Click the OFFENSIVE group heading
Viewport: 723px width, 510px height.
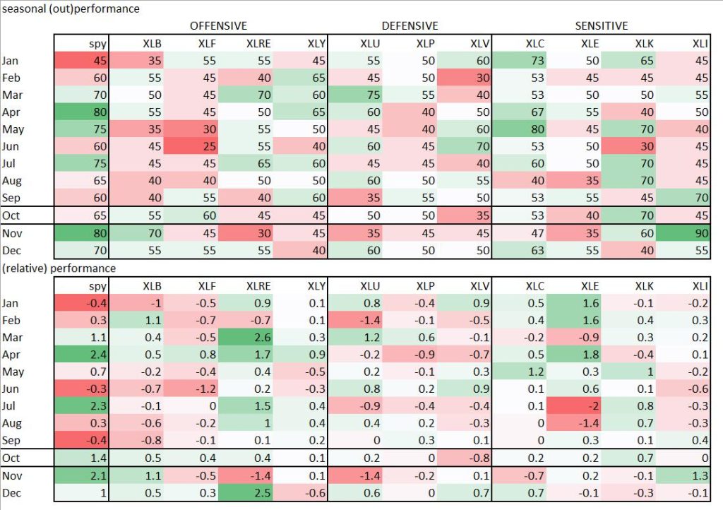218,26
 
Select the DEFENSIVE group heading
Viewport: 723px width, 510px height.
410,26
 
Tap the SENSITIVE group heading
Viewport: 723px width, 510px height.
601,26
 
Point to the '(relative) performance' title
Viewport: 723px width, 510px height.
59,268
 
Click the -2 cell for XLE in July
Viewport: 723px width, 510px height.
572,404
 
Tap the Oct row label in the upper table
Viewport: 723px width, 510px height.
11,215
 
